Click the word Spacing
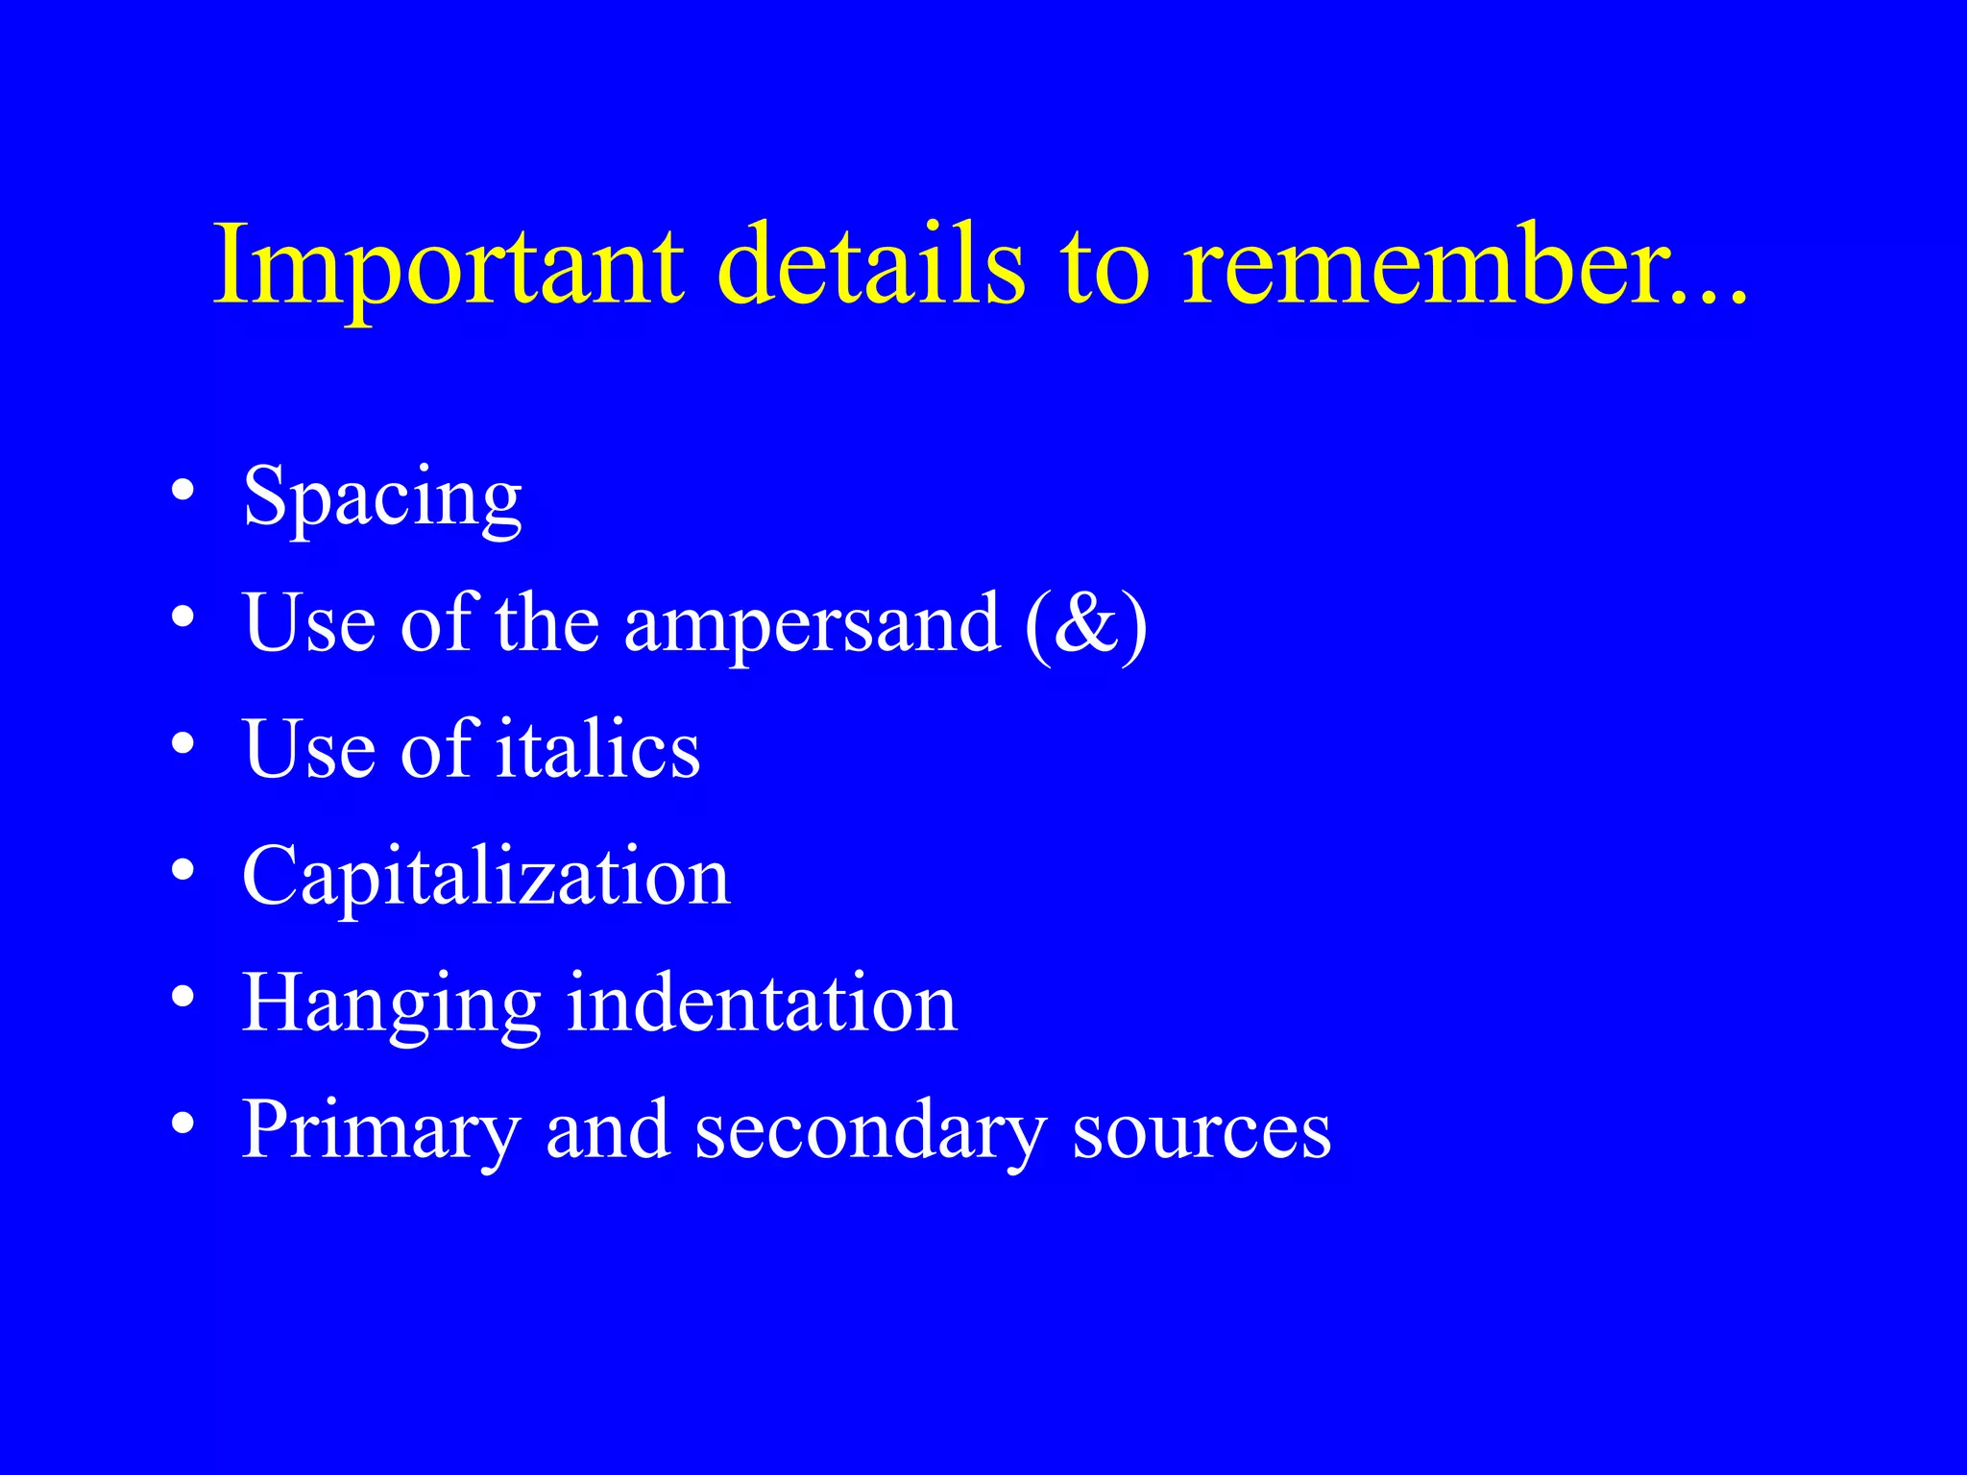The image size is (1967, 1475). click(382, 499)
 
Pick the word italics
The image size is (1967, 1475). click(598, 750)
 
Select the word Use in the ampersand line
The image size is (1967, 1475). click(309, 624)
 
